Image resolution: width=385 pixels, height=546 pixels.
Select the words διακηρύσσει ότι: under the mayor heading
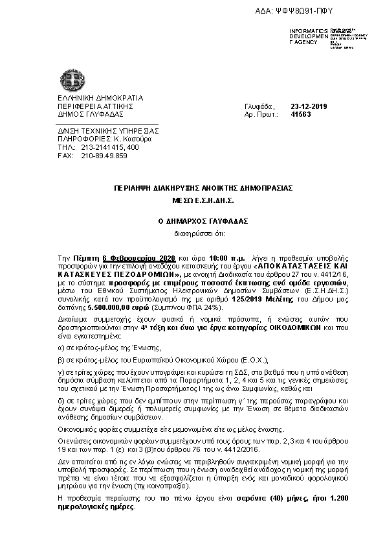193,231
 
